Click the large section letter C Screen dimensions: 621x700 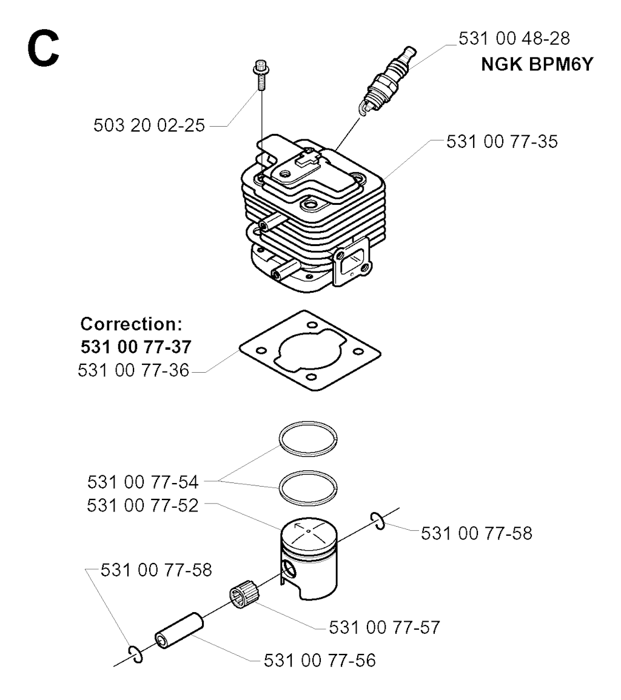click(43, 48)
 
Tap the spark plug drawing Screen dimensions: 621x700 click(387, 81)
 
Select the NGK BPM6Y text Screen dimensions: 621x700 click(537, 64)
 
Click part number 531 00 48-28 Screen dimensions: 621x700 click(514, 38)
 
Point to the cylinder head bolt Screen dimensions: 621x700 click(260, 75)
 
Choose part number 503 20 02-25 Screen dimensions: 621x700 click(149, 125)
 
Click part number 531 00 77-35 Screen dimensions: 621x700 click(502, 142)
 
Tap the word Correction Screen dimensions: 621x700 click(132, 324)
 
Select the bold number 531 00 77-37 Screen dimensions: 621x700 click(136, 347)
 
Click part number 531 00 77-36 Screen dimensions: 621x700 click(133, 370)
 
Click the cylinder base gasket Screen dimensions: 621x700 click(310, 351)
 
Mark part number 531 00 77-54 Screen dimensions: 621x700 click(143, 482)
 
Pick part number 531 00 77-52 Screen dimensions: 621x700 click(143, 506)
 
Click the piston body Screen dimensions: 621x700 click(309, 558)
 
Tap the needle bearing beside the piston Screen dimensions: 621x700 click(244, 594)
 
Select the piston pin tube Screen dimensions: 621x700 click(179, 630)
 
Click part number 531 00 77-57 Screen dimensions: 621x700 click(384, 628)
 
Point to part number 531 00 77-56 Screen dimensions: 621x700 click(320, 661)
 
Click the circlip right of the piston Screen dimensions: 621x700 click(378, 521)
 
